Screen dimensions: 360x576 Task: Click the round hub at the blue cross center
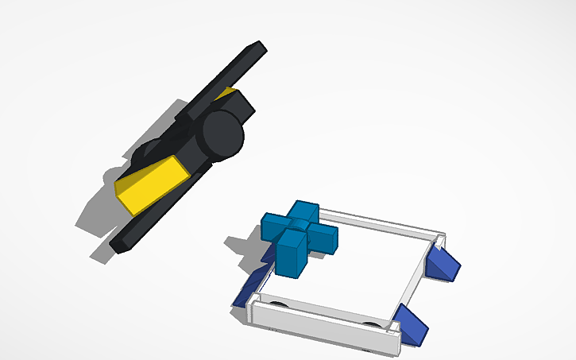pos(296,226)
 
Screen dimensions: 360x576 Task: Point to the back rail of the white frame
pos(381,220)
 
